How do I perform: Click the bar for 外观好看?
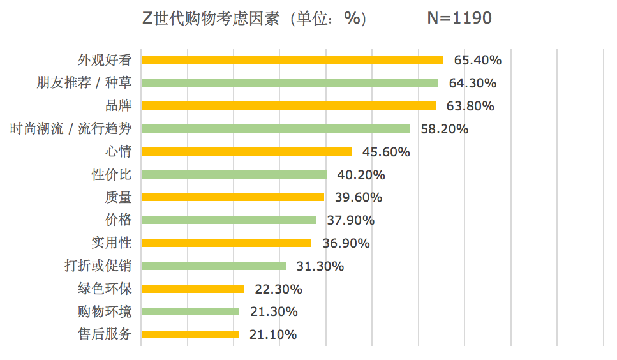pyautogui.click(x=292, y=60)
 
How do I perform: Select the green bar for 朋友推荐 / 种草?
pyautogui.click(x=289, y=83)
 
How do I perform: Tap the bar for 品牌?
pyautogui.click(x=288, y=105)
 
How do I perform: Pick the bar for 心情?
pyautogui.click(x=246, y=151)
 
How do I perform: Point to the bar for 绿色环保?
pyautogui.click(x=193, y=289)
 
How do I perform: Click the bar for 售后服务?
pyautogui.click(x=190, y=334)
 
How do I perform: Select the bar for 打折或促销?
pyautogui.click(x=213, y=266)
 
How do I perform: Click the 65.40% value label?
pyautogui.click(x=477, y=61)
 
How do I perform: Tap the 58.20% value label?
pyautogui.click(x=444, y=129)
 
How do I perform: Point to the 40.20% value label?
pyautogui.click(x=361, y=175)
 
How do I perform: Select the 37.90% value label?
pyautogui.click(x=350, y=220)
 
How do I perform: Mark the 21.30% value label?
pyautogui.click(x=274, y=311)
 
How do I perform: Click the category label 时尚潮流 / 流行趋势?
pyautogui.click(x=71, y=129)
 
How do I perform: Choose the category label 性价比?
pyautogui.click(x=112, y=174)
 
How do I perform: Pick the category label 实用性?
pyautogui.click(x=112, y=243)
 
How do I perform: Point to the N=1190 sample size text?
pyautogui.click(x=459, y=19)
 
